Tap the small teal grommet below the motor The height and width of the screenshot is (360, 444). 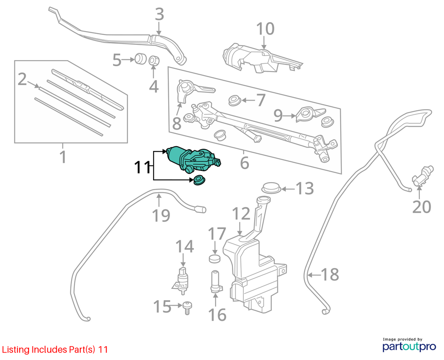[x=199, y=180]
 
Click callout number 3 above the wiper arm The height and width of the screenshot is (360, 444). [x=160, y=14]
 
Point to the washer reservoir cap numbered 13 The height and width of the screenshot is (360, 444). [x=271, y=187]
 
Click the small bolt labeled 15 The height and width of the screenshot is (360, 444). [x=187, y=308]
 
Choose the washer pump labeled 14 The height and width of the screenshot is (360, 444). [x=182, y=279]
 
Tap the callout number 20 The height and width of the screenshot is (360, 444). [x=421, y=207]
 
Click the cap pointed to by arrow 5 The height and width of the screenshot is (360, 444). [x=140, y=59]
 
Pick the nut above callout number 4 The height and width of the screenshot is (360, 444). [x=154, y=61]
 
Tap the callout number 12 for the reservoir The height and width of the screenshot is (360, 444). [x=242, y=214]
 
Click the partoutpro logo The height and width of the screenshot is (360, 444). [x=409, y=345]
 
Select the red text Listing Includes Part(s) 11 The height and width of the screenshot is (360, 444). [x=54, y=350]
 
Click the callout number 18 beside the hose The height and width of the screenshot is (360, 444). [x=330, y=275]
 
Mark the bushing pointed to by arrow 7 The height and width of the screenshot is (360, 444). [x=235, y=101]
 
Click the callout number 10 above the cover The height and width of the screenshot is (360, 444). [x=265, y=29]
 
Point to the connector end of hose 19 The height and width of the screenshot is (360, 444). [x=200, y=209]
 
